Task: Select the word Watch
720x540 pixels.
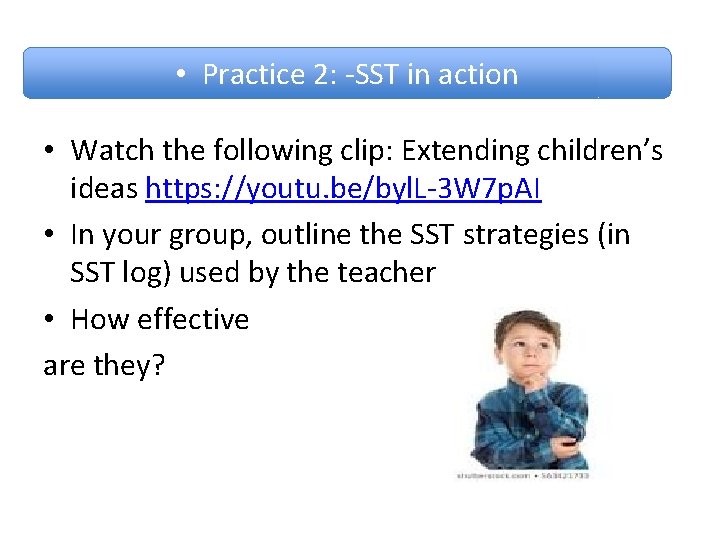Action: pyautogui.click(x=111, y=151)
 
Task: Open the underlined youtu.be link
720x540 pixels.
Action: pyautogui.click(x=343, y=188)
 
